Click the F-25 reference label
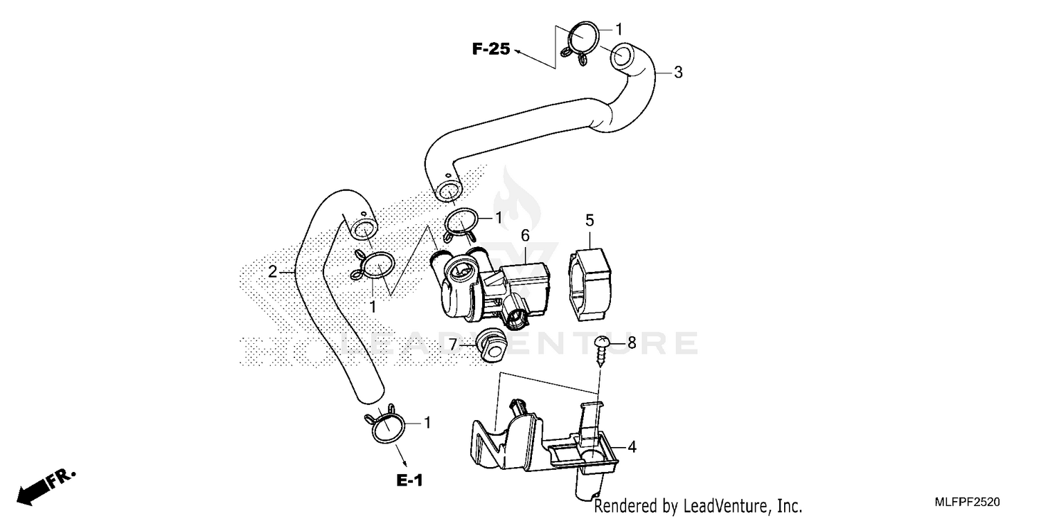pos(491,49)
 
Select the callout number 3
pos(678,72)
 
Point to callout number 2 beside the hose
pos(273,271)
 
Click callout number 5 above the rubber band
pos(589,221)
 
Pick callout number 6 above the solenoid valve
pos(526,235)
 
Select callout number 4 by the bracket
pos(631,447)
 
